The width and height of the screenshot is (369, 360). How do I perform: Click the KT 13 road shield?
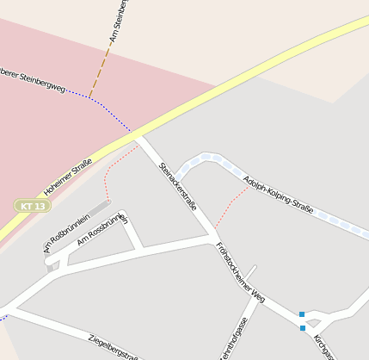coord(32,206)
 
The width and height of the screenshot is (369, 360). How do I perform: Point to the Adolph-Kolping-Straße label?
coord(278,196)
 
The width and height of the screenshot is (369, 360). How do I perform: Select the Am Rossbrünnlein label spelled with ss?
coord(102,228)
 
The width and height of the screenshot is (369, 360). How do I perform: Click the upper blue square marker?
coord(302,314)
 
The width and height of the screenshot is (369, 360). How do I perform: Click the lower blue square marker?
coord(302,328)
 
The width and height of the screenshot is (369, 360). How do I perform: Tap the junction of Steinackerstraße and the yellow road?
coord(138,136)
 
